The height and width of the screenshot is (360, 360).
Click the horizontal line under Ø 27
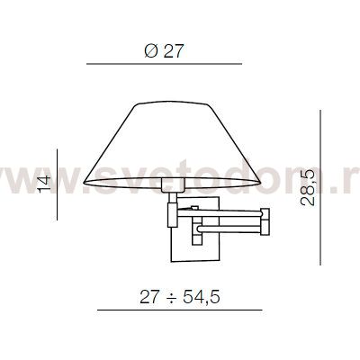pyautogui.click(x=163, y=64)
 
